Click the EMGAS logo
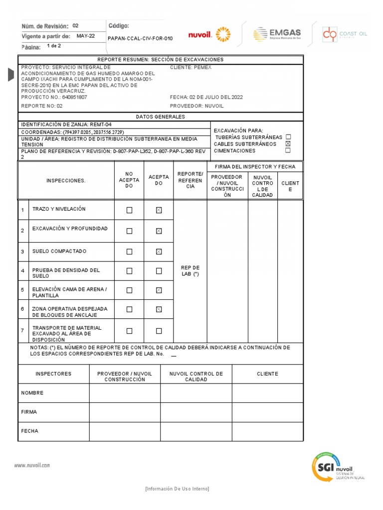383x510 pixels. pyautogui.click(x=277, y=34)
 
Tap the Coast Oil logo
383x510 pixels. pyautogui.click(x=345, y=34)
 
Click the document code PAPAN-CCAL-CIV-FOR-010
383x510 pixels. pyautogui.click(x=140, y=38)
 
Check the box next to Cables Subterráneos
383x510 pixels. pyautogui.click(x=288, y=144)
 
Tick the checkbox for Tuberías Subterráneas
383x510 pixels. pyautogui.click(x=288, y=137)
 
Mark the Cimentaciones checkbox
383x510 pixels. pyautogui.click(x=288, y=150)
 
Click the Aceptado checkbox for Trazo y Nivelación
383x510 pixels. pyautogui.click(x=159, y=210)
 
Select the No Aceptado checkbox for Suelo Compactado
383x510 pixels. pyautogui.click(x=129, y=252)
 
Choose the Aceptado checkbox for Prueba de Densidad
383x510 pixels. pyautogui.click(x=159, y=271)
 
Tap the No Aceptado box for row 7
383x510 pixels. pyautogui.click(x=129, y=331)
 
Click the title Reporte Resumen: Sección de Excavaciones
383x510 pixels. pyautogui.click(x=160, y=60)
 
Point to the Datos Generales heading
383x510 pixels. pyautogui.click(x=160, y=117)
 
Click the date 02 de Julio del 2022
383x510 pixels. pyautogui.click(x=206, y=97)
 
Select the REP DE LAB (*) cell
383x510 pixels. pyautogui.click(x=190, y=271)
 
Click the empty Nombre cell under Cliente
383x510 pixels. pyautogui.click(x=267, y=393)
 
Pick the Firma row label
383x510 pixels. pyautogui.click(x=29, y=412)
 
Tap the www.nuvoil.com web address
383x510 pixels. pyautogui.click(x=32, y=465)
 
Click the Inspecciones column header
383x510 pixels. pyautogui.click(x=66, y=181)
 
